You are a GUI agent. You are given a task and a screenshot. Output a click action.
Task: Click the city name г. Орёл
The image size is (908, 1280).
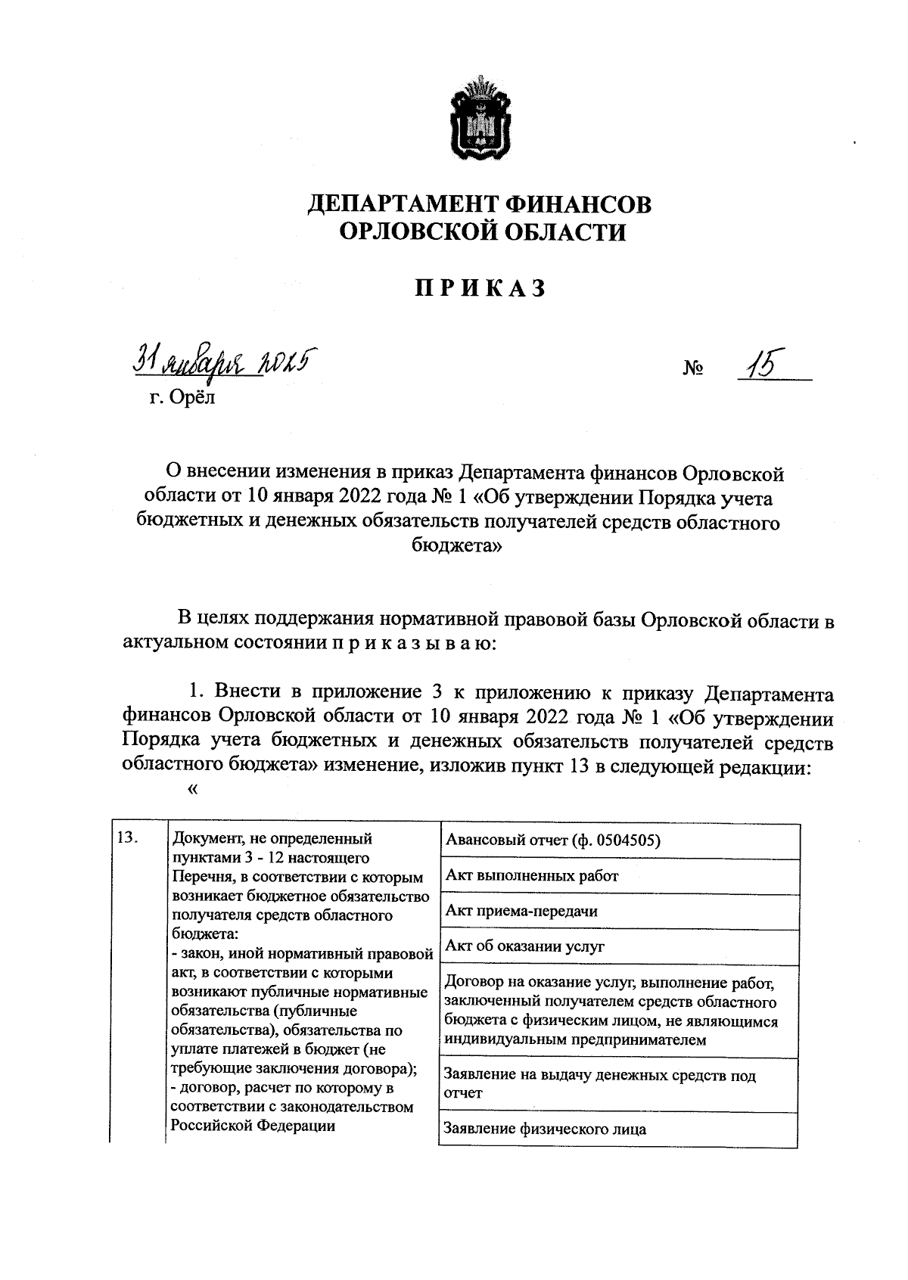click(182, 396)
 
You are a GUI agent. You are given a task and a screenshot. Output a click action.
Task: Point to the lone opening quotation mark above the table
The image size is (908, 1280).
click(191, 790)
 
